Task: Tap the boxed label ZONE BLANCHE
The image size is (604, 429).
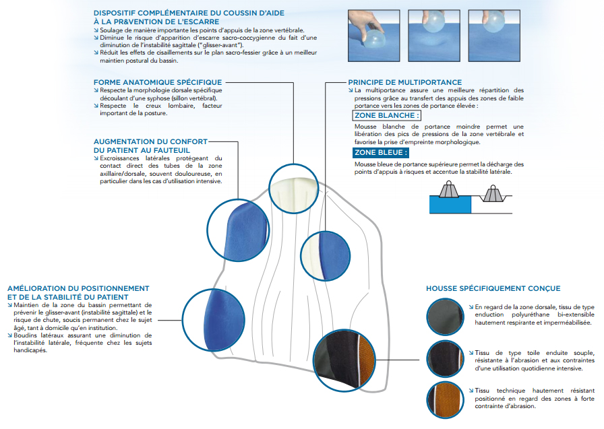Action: click(x=386, y=115)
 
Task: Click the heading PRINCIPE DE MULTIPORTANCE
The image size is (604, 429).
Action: click(x=404, y=82)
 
